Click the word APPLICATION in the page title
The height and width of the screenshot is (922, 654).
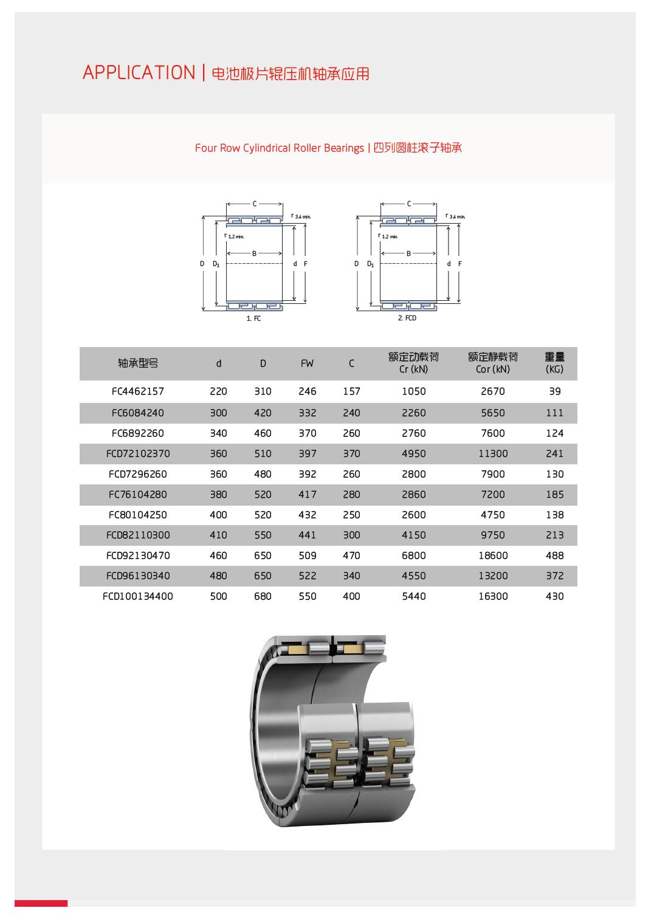(139, 73)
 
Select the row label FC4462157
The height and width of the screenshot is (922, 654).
(138, 391)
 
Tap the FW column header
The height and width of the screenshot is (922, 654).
(307, 363)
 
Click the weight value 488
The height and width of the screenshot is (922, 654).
(554, 556)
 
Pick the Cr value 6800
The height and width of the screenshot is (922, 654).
(413, 556)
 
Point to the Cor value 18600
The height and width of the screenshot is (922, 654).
(492, 556)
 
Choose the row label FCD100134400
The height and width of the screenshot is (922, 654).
(138, 596)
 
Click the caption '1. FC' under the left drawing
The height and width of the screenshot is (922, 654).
(253, 318)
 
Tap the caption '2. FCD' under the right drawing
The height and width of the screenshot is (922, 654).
(407, 318)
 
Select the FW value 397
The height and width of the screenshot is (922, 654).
(307, 453)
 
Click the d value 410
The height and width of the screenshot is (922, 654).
(218, 535)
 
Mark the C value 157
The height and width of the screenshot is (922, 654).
(351, 391)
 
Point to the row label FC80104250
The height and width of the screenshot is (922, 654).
(138, 515)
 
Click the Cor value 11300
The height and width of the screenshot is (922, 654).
(492, 453)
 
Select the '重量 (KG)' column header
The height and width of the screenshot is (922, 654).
(554, 363)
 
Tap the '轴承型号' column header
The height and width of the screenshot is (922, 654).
(138, 363)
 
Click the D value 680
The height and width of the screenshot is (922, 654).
(263, 596)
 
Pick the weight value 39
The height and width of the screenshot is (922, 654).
(554, 391)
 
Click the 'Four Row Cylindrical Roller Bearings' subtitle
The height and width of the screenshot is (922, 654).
(279, 148)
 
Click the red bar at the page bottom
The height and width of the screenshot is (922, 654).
(41, 903)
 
